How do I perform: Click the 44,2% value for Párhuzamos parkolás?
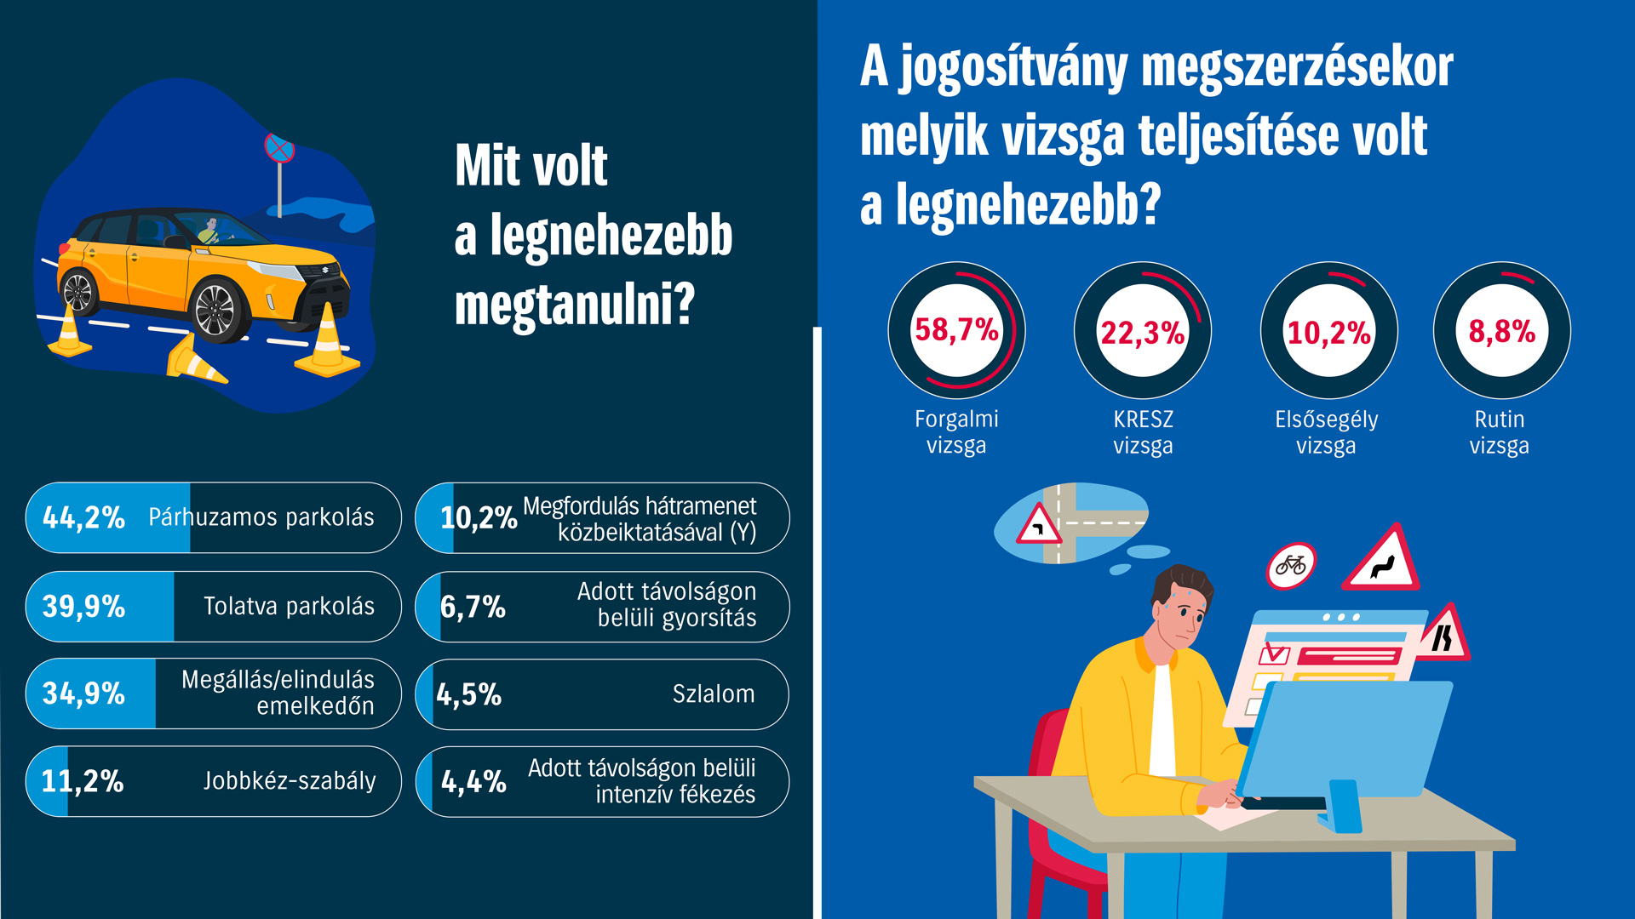[83, 517]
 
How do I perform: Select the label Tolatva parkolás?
[289, 606]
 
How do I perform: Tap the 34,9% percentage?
[83, 694]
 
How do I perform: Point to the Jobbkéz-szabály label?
[290, 781]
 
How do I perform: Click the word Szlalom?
[713, 694]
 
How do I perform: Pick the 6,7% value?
[473, 607]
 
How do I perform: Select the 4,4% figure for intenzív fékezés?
[473, 781]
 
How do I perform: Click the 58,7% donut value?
[956, 330]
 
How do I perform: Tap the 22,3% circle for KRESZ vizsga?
[1143, 332]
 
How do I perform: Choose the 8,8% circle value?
[1501, 331]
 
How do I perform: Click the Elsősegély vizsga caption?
[1326, 432]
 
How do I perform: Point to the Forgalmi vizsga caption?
[956, 431]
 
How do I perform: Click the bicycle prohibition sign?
[1291, 565]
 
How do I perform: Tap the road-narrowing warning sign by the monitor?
[1444, 635]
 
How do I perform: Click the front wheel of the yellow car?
[215, 311]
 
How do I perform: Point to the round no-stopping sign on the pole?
[279, 148]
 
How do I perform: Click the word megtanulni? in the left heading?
[575, 305]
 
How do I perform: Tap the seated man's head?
[1180, 606]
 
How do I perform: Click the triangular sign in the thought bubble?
[1038, 525]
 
